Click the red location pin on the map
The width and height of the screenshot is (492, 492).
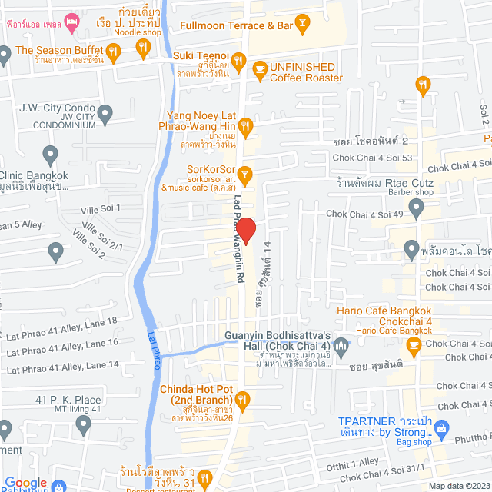coord(246,230)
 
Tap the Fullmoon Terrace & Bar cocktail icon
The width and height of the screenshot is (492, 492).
coord(302,25)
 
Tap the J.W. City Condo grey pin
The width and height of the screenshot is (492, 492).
coord(106,115)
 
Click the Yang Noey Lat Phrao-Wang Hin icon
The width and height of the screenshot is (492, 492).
coord(244,125)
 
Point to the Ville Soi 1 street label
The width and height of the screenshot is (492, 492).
coord(101,208)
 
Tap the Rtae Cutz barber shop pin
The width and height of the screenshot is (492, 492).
coord(416,207)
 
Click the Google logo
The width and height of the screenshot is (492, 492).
coord(26,483)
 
